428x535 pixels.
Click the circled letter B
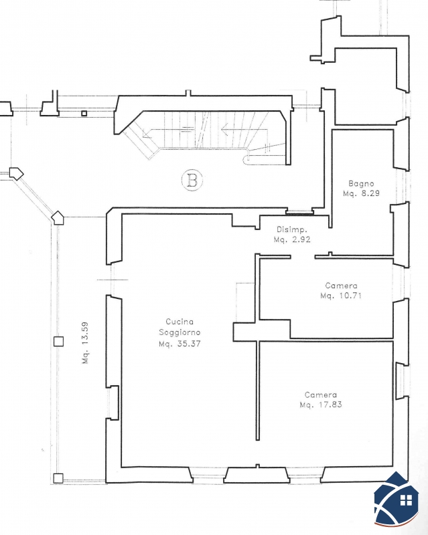(192, 180)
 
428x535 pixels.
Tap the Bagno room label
(361, 183)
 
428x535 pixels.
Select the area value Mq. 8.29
(361, 193)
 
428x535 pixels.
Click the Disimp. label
(291, 229)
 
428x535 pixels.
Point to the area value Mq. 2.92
(292, 239)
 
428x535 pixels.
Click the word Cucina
(180, 322)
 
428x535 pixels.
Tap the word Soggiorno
(180, 332)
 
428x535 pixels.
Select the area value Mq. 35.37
(180, 344)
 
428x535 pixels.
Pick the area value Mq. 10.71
(341, 296)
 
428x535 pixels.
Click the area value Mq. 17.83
(321, 405)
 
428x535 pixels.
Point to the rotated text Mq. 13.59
(85, 342)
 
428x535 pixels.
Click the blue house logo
(397, 499)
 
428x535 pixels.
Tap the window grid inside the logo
(406, 500)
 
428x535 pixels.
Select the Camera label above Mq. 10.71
(341, 286)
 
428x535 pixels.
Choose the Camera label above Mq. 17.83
(321, 395)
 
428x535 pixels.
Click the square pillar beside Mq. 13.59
(58, 342)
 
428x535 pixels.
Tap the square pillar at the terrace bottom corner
(58, 478)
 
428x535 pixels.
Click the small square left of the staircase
(84, 114)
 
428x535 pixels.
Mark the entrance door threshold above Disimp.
(299, 212)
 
